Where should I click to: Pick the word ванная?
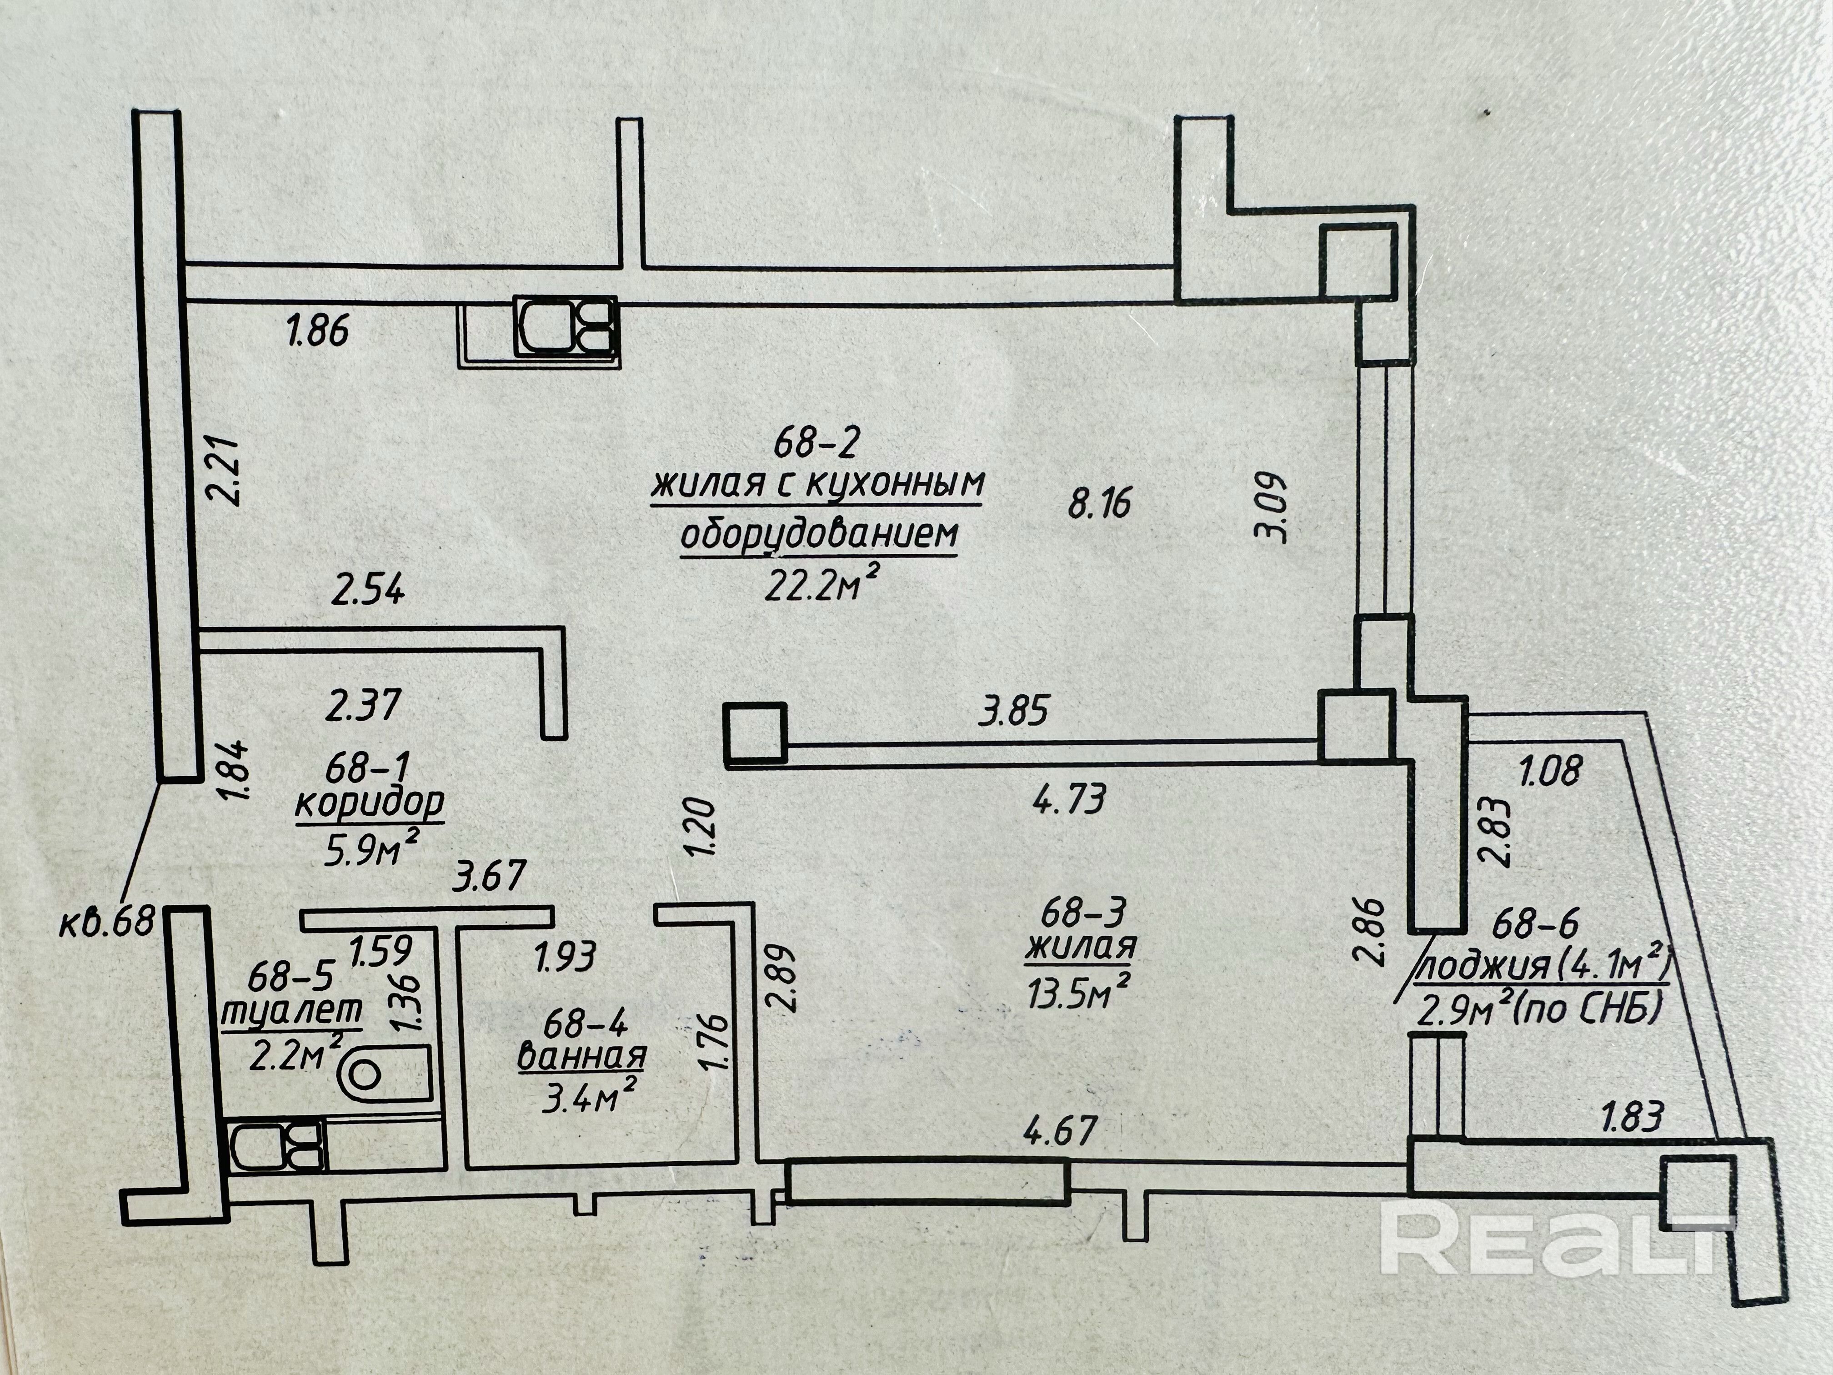pos(582,1057)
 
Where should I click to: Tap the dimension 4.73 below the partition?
pos(1069,801)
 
